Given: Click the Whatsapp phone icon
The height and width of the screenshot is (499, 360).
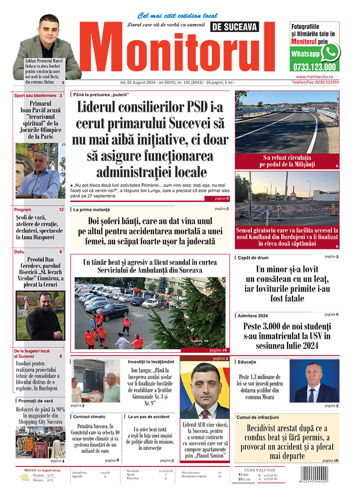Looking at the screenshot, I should [330, 52].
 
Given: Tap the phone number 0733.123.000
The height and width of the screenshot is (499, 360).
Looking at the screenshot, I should [315, 67].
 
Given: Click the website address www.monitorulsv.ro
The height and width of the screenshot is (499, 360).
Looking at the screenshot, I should [317, 77].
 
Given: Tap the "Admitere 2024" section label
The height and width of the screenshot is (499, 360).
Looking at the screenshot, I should [253, 315].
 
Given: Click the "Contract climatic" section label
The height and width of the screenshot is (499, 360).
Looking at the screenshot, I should [89, 416].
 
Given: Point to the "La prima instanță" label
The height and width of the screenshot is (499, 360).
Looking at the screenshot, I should [91, 210].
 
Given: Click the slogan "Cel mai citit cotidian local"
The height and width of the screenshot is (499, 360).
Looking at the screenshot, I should [177, 16].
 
